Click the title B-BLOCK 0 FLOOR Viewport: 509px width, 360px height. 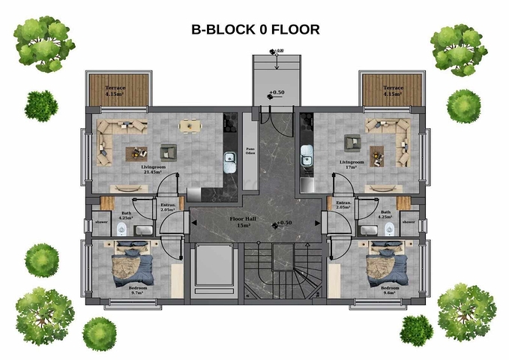tap(256, 31)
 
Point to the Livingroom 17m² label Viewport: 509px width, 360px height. tap(351, 164)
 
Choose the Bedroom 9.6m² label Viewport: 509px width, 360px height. tap(391, 291)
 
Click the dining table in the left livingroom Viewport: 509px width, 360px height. tap(189, 126)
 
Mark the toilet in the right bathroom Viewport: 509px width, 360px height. tap(389, 229)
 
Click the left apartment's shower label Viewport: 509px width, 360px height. tap(100, 222)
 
